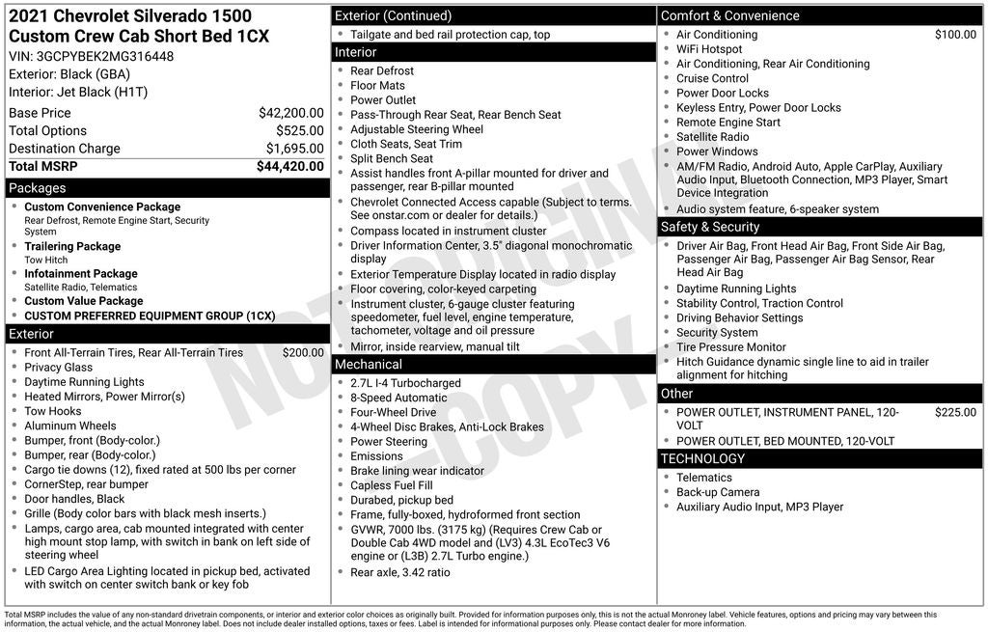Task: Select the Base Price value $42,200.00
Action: pos(290,113)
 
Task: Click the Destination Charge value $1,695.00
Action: pos(294,149)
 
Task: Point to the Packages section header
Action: pos(38,188)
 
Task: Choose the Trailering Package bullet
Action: pos(72,246)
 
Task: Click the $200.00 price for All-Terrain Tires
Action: pos(303,353)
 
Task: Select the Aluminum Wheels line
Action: pos(69,426)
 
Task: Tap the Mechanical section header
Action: pos(369,365)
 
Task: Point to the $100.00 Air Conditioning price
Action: pos(955,35)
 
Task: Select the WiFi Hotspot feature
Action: pos(709,49)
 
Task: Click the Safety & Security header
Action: pos(710,227)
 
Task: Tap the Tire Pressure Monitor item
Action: pos(730,347)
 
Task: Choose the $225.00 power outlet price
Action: pos(955,413)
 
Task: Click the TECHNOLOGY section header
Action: pos(704,458)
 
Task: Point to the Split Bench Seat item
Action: pos(392,158)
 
